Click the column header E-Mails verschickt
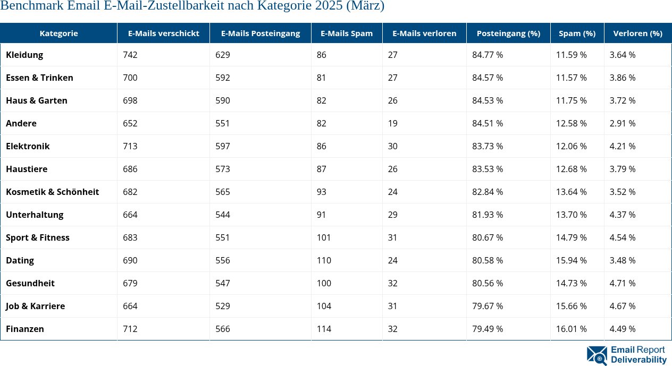coord(163,33)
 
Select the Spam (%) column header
coord(577,33)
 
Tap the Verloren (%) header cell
coord(637,33)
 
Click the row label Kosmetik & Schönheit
coord(52,192)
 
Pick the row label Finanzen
coord(25,329)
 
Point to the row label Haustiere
coord(27,169)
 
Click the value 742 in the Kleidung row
coord(130,55)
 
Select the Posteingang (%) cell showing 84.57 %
coord(488,78)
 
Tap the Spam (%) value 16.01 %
coord(571,329)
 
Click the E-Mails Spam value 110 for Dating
coord(323,260)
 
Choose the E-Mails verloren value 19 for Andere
coord(392,123)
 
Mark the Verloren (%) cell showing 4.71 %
coord(622,283)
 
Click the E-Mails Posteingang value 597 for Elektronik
coord(222,146)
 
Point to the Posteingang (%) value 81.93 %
coord(488,215)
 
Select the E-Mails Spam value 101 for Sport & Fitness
coord(323,237)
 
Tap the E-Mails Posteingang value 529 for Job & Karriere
coord(222,306)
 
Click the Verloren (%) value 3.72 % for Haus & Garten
coord(622,100)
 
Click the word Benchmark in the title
coord(34,6)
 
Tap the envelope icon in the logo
coord(597,355)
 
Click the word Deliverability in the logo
coord(639,360)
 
